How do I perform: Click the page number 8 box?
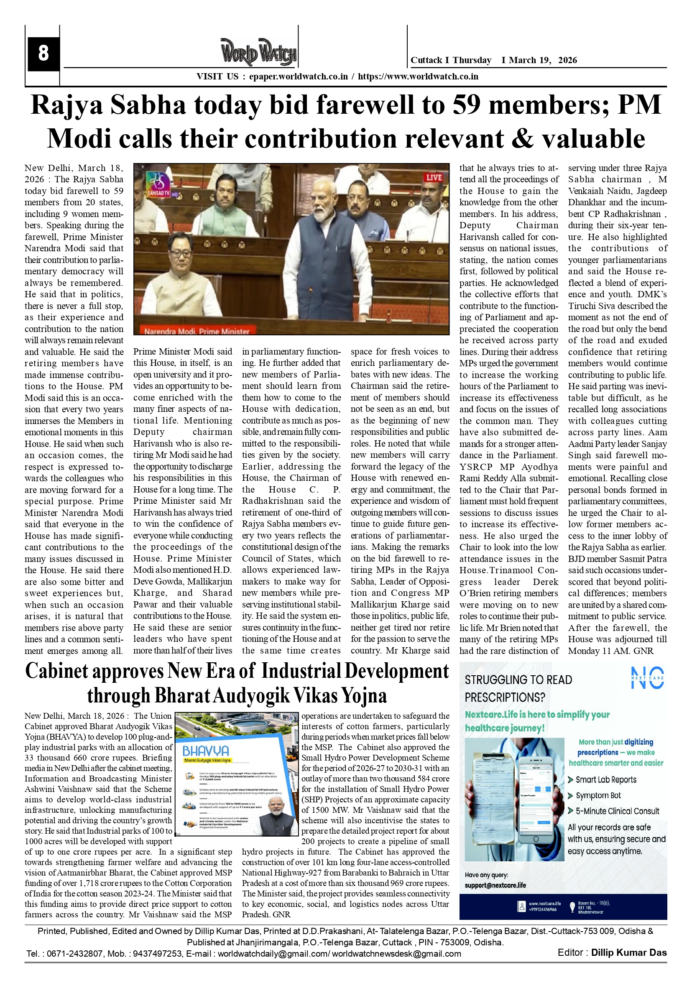43,54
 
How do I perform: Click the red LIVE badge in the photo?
434,177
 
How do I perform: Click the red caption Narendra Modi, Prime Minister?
197,331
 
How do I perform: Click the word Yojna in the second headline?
364,696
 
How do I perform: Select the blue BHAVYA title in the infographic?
205,751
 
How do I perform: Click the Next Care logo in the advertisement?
647,678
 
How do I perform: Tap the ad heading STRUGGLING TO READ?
518,680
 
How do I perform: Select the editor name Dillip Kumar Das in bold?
629,953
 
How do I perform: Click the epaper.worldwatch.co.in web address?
298,77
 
